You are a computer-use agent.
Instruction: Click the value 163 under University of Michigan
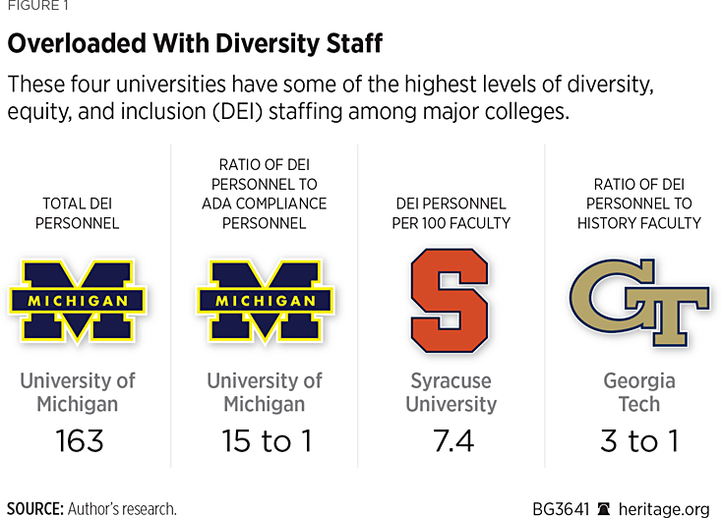point(79,440)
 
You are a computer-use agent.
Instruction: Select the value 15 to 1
point(265,440)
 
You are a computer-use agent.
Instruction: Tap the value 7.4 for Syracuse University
point(451,440)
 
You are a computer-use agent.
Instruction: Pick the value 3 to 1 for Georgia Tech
point(639,440)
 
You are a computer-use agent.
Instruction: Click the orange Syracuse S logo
point(451,300)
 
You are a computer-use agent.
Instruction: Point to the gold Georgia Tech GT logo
point(638,300)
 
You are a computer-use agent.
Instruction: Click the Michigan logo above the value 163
point(78,301)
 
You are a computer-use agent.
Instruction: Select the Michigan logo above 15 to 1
point(265,301)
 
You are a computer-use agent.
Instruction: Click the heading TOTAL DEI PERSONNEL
point(78,213)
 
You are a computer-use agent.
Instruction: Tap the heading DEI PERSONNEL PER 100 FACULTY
point(451,213)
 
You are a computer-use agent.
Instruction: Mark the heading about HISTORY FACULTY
point(639,203)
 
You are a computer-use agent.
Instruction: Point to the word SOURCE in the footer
point(33,508)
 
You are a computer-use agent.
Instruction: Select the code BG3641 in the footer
point(561,508)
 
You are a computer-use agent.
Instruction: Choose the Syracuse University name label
point(451,391)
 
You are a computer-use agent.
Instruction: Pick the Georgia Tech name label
point(639,391)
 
